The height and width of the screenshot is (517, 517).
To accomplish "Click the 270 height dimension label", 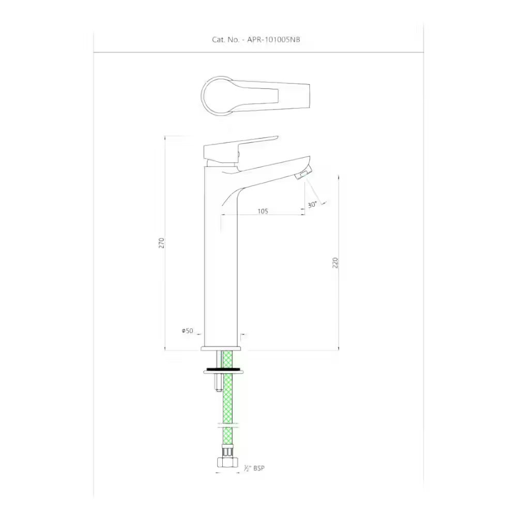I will click(161, 243).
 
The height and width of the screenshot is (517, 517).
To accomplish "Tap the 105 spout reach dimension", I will click(262, 210).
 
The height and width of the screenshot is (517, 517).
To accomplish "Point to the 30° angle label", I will click(312, 205).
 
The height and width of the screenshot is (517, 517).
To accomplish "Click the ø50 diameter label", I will click(187, 330).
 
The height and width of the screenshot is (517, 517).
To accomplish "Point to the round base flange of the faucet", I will click(221, 349).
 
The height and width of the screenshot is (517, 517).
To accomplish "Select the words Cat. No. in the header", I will click(225, 39).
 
